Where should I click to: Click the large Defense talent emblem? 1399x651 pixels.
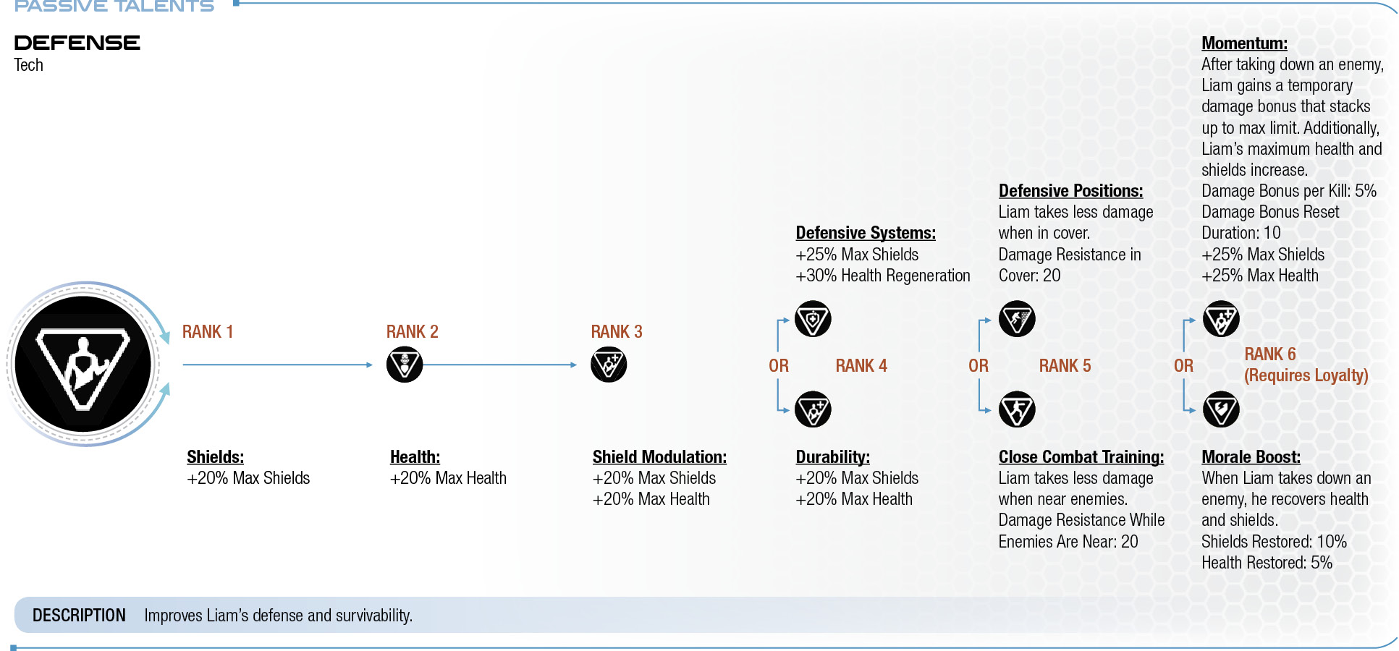pyautogui.click(x=83, y=364)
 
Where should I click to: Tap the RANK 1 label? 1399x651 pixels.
pyautogui.click(x=208, y=332)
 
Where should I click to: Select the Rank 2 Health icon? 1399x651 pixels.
pyautogui.click(x=405, y=365)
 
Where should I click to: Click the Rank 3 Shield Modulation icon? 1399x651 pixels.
pyautogui.click(x=609, y=365)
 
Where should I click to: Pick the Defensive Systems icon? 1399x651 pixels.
pyautogui.click(x=813, y=319)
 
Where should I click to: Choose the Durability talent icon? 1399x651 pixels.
pyautogui.click(x=813, y=409)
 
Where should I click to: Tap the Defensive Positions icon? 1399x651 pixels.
pyautogui.click(x=1017, y=319)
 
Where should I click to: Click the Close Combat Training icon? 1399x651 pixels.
pyautogui.click(x=1017, y=409)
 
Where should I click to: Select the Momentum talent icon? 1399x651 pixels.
pyautogui.click(x=1221, y=319)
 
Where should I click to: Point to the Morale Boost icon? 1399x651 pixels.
pyautogui.click(x=1221, y=409)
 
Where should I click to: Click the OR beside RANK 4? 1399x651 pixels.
pyautogui.click(x=779, y=366)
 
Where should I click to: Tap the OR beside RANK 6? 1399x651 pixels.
pyautogui.click(x=1184, y=366)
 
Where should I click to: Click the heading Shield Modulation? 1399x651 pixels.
pyautogui.click(x=659, y=457)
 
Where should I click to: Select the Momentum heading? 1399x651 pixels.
pyautogui.click(x=1244, y=43)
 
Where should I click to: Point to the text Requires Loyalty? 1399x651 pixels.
pyautogui.click(x=1306, y=375)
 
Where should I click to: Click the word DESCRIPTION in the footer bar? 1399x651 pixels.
pyautogui.click(x=79, y=616)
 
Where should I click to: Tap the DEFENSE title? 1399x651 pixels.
pyautogui.click(x=77, y=43)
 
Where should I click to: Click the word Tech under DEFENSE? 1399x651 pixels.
pyautogui.click(x=29, y=65)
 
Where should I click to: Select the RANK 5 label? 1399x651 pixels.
pyautogui.click(x=1065, y=366)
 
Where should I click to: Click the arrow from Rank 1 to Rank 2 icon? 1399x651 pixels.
pyautogui.click(x=278, y=365)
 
